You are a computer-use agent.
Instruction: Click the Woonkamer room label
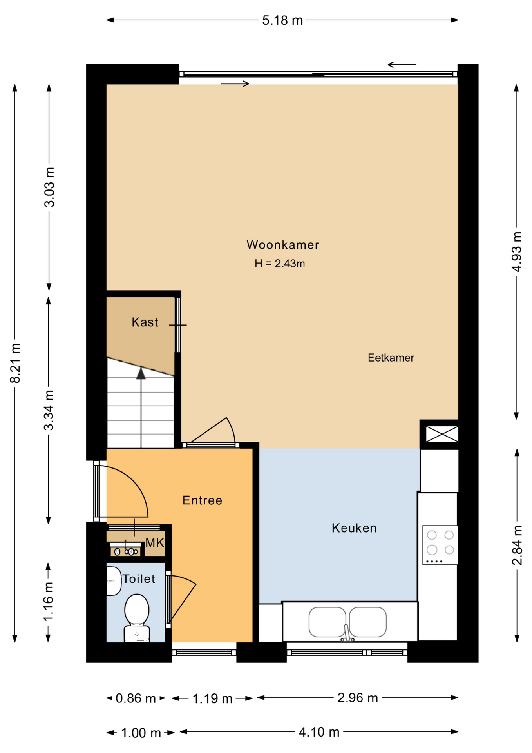(x=282, y=245)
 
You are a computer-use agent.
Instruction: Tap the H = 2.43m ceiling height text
(x=280, y=264)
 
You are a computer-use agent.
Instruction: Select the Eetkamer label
(x=391, y=358)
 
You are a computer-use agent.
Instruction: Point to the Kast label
(x=145, y=322)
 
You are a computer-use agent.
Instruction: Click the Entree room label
(x=203, y=500)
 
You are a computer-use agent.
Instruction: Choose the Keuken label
(x=354, y=528)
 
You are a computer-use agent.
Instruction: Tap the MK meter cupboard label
(x=155, y=543)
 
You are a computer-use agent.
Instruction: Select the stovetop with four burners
(x=440, y=545)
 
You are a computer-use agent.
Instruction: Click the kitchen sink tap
(x=347, y=633)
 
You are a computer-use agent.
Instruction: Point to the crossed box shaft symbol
(x=442, y=434)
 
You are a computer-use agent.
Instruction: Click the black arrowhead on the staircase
(x=141, y=373)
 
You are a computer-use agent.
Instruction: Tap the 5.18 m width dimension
(x=282, y=20)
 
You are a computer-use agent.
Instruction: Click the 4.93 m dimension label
(x=517, y=252)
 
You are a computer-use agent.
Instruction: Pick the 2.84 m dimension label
(x=517, y=545)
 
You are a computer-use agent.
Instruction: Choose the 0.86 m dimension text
(x=136, y=698)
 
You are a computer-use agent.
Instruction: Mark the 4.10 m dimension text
(x=319, y=732)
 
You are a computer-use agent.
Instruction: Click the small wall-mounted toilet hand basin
(x=114, y=581)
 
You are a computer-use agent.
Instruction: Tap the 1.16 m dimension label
(x=49, y=602)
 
